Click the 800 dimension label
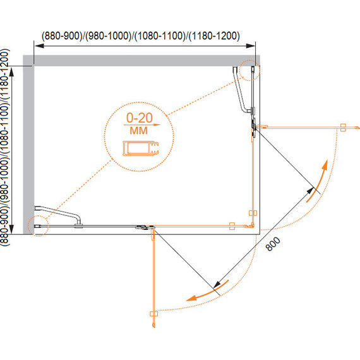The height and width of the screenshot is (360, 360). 273,244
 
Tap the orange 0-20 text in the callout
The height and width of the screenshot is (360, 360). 140,117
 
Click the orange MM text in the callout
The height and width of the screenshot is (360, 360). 139,131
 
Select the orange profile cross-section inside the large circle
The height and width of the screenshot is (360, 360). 141,148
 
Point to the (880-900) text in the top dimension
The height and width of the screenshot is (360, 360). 62,36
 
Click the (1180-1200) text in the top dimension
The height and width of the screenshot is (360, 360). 215,36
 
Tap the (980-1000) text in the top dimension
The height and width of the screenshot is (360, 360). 109,36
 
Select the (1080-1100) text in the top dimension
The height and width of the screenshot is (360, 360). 160,36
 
